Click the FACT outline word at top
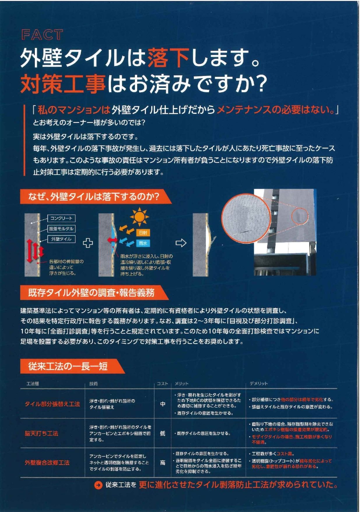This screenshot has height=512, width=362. coord(42,35)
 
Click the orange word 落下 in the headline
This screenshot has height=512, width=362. coord(169,58)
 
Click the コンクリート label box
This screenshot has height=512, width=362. coord(61,218)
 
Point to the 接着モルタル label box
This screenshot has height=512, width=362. coord(61,229)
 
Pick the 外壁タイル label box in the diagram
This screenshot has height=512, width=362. coord(61,239)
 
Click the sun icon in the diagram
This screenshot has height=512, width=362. coord(139,217)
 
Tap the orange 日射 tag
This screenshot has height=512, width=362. coord(143,233)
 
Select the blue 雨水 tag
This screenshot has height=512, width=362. coord(143,243)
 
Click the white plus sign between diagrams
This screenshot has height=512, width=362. coord(88,243)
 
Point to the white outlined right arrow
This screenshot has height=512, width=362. coord(181,243)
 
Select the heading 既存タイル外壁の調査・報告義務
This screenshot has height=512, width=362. coord(91,293)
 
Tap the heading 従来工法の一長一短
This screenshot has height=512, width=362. coord(68,366)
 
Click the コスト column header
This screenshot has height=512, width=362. coord(162,384)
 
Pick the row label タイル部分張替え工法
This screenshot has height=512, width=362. coord(52,404)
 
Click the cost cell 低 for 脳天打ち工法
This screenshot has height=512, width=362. coord(163,433)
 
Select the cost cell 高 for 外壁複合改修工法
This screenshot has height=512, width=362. coord(163,463)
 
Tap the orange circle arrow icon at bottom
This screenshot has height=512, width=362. coord(98,485)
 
